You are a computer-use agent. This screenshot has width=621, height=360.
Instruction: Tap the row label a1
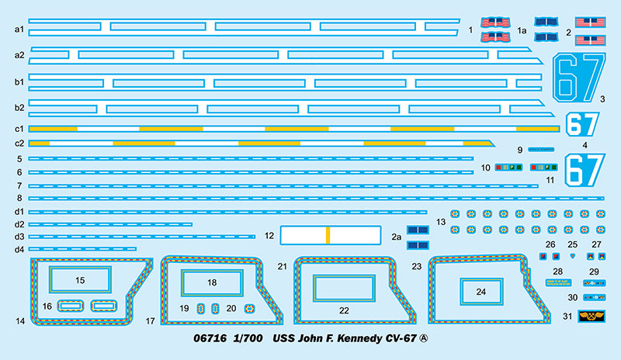19,29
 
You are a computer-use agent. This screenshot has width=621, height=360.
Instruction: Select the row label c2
19,144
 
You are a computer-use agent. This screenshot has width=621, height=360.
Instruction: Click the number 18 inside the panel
212,282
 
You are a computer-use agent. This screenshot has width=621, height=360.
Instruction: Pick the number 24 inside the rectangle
481,292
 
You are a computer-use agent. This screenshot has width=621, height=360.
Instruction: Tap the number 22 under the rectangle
344,310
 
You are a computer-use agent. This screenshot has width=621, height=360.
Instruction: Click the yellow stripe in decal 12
328,234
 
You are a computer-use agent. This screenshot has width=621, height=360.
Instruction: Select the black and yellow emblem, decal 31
593,317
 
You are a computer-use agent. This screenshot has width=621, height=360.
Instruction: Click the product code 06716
210,339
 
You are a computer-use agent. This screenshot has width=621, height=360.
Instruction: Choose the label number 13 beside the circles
441,222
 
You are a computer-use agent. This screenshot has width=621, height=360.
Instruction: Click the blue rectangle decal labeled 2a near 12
418,230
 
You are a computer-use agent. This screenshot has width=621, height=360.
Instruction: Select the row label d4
19,249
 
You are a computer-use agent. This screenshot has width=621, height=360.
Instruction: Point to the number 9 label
520,148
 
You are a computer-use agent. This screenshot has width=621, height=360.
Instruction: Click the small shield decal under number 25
573,255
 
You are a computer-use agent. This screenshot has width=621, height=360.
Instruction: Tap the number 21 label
283,266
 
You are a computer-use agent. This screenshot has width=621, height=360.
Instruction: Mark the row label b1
19,81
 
